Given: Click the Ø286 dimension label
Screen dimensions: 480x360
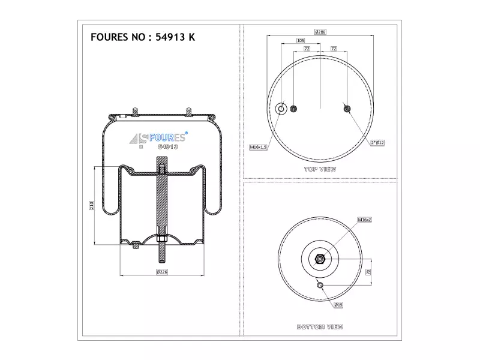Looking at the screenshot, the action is click(320, 32).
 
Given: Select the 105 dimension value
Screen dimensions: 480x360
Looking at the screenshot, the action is click(301, 40).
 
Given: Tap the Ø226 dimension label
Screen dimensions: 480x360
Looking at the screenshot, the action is click(162, 272).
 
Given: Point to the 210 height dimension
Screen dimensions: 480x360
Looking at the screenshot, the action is click(91, 205).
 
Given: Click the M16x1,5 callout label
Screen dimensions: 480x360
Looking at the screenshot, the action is click(259, 147).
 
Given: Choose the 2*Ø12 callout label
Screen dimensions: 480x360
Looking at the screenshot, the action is click(377, 143).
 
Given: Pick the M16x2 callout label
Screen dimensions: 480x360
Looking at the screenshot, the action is click(364, 220).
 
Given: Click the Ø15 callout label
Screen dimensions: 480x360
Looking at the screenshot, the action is click(338, 305).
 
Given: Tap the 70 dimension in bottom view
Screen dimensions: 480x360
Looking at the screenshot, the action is click(368, 272).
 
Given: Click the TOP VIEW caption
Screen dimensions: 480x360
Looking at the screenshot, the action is click(320, 169).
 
